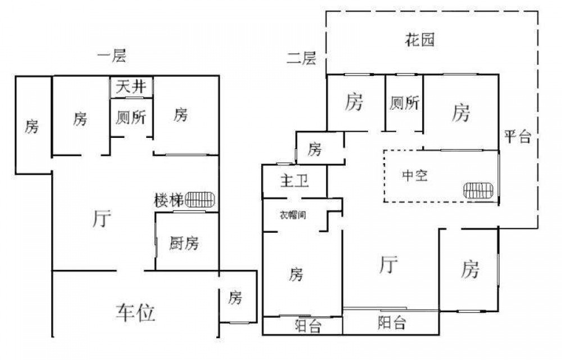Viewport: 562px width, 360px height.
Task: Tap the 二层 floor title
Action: click(301, 57)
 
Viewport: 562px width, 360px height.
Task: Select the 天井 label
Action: click(132, 87)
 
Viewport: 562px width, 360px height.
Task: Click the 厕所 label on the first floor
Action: click(131, 118)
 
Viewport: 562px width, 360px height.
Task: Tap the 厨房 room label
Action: click(184, 243)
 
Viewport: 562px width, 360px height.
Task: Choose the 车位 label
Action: click(135, 312)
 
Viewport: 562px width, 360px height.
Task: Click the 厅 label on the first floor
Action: click(102, 218)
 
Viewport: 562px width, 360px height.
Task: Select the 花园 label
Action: click(420, 40)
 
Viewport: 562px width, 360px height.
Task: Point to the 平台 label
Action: click(517, 136)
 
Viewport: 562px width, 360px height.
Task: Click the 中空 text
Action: click(415, 175)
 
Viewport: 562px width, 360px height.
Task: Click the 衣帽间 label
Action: click(293, 214)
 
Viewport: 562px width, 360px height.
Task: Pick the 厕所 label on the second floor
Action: click(404, 103)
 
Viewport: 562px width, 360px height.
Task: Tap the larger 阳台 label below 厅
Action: click(392, 323)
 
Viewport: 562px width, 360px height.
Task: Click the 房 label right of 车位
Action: click(235, 298)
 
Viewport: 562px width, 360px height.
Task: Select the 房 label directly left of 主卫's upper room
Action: click(315, 150)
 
